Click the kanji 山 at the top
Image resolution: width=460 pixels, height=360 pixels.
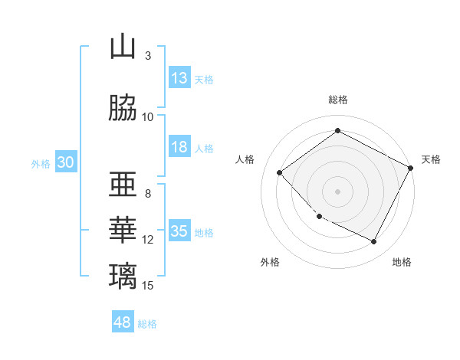(x=122, y=47)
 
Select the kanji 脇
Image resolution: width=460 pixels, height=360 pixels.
(x=122, y=108)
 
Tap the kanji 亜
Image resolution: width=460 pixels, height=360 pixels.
(x=122, y=185)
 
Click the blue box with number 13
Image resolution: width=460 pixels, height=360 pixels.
(x=179, y=78)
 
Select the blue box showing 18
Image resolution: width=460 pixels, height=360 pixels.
(x=179, y=147)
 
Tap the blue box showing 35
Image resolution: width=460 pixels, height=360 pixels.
(x=179, y=231)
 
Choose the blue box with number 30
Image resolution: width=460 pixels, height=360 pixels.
(x=65, y=162)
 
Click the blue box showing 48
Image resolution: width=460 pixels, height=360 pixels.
(x=123, y=322)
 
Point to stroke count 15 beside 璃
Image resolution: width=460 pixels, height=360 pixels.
(x=148, y=286)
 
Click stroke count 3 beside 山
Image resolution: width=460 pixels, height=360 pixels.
(x=148, y=56)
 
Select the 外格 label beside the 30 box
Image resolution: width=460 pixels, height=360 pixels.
(x=40, y=163)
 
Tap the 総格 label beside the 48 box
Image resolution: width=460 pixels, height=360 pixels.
(x=148, y=324)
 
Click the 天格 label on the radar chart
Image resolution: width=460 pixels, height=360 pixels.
(x=431, y=159)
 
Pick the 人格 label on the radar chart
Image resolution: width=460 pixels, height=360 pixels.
(x=245, y=159)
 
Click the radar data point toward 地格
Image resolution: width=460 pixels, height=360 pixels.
(x=374, y=242)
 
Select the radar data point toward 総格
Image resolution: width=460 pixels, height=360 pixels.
(x=337, y=130)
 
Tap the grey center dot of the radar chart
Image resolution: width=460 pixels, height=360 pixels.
(x=337, y=191)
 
